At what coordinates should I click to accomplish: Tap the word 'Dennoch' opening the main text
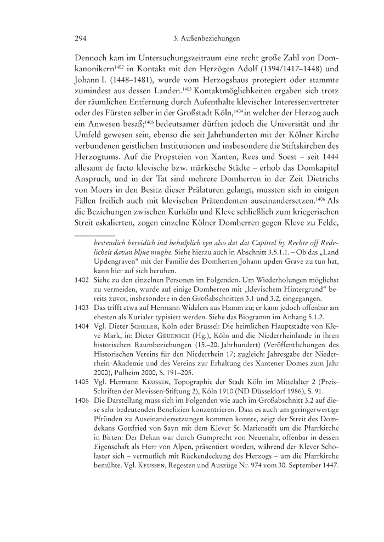tap(93, 58)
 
